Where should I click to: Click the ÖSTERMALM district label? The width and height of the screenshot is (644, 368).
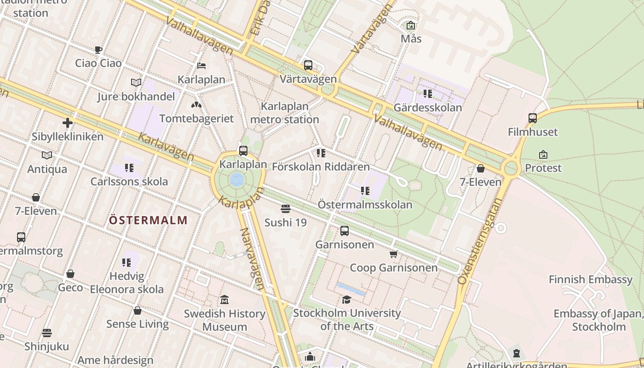pos(148,220)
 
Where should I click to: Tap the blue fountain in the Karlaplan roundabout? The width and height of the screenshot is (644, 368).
pos(237,179)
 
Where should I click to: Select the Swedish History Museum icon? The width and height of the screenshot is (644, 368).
pos(224,300)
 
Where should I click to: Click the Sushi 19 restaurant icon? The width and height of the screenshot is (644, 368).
pos(285,209)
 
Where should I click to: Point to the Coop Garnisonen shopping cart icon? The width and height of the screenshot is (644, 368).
pos(393,254)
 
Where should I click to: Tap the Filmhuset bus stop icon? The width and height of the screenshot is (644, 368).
pos(533,118)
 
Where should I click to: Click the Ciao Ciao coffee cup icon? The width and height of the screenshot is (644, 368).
pos(98,50)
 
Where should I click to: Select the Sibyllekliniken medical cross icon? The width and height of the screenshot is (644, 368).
pos(68,123)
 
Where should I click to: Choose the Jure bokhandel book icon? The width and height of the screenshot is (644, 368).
pos(136,83)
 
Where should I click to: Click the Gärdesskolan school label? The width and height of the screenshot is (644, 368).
pos(428,108)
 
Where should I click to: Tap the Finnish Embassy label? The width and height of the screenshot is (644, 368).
pos(591,279)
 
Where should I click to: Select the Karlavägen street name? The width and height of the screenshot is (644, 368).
pos(166,147)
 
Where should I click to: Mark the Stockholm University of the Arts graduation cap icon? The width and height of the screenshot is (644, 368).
pos(346,300)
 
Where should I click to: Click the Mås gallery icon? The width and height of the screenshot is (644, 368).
pos(411,26)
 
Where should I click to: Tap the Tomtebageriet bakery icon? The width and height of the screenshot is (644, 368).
pos(196,105)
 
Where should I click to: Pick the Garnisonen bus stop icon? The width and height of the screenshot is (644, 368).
pos(345,231)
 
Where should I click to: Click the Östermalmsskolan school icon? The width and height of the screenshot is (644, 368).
pos(365,191)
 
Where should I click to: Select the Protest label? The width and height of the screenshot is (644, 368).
pos(543,168)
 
